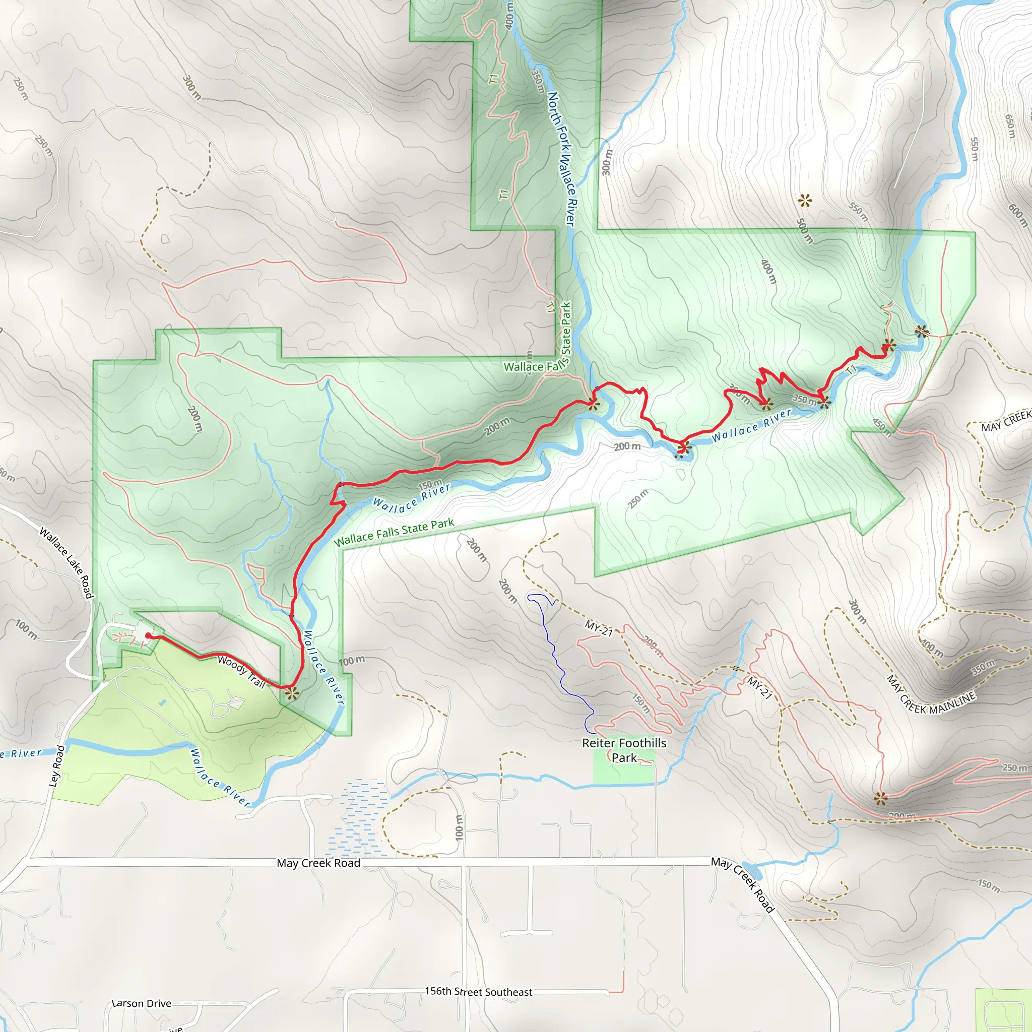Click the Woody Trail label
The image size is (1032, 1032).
(241, 671)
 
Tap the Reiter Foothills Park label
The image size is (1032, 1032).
(624, 750)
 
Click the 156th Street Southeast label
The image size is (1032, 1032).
(479, 991)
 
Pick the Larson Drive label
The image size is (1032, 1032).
(142, 1003)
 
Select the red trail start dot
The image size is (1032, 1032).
(148, 635)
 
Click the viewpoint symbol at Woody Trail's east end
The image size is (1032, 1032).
(292, 694)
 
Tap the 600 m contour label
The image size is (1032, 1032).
(1018, 214)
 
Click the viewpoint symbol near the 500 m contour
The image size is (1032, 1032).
(805, 202)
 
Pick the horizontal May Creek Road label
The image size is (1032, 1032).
(318, 863)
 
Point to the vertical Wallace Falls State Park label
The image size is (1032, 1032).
(566, 329)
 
